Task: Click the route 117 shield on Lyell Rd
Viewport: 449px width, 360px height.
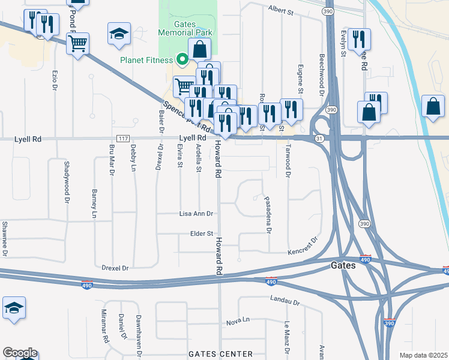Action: (x=123, y=139)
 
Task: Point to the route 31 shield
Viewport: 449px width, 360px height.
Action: (x=319, y=139)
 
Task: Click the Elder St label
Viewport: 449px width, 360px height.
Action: (x=202, y=233)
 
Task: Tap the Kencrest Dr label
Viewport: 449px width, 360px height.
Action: (x=302, y=248)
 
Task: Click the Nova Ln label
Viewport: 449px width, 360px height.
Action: (x=238, y=322)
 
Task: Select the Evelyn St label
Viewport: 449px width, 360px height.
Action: (x=343, y=44)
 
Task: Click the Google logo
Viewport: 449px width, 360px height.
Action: (x=20, y=353)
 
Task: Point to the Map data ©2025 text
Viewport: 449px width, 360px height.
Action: (x=423, y=355)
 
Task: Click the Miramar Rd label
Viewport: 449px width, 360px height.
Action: (x=106, y=329)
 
